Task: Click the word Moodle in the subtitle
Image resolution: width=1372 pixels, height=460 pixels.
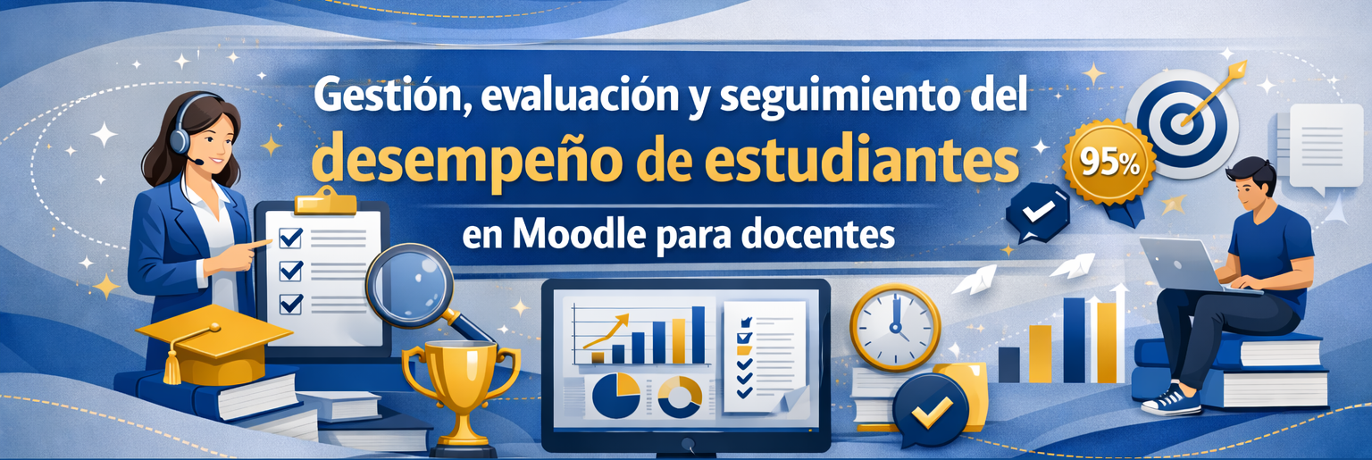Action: coord(579,235)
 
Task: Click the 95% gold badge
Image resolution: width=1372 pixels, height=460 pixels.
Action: coord(1109,163)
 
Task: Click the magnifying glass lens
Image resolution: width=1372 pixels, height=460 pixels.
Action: coord(409,285)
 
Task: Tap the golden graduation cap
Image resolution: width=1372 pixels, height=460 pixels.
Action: coord(212,344)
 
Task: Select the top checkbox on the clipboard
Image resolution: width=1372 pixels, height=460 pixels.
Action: coord(289,237)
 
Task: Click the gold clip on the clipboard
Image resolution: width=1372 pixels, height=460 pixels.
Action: coord(325,202)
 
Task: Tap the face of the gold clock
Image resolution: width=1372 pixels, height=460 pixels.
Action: coord(895,328)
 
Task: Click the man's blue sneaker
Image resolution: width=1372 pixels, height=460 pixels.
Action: coord(1170,400)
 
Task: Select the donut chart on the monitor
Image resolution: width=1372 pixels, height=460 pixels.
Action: coord(680,397)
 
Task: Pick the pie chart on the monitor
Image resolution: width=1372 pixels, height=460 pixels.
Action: coord(616,396)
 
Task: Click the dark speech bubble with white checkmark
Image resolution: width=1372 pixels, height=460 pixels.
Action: coord(1037,213)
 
